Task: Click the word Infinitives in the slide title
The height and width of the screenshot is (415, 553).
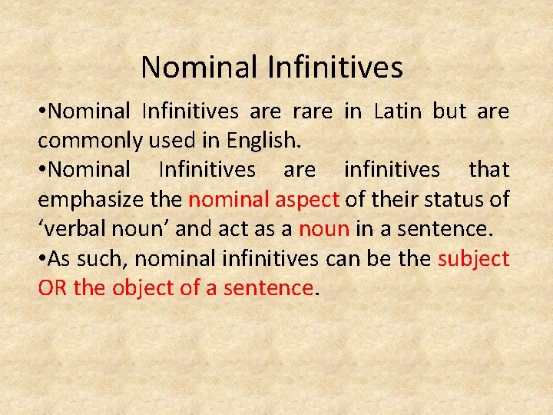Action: coord(336,67)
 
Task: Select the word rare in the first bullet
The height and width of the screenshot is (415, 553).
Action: coord(313,111)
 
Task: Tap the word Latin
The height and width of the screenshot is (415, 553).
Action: coord(399,111)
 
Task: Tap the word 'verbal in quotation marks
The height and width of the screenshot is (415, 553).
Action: coord(72,229)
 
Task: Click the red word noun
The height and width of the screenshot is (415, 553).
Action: coord(323,229)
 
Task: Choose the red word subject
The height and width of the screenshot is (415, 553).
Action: coord(473,258)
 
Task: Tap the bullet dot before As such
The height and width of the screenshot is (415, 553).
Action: coord(42,259)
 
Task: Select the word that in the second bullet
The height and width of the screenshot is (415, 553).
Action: coord(489,171)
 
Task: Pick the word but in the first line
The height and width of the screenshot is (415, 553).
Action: coord(449,111)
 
